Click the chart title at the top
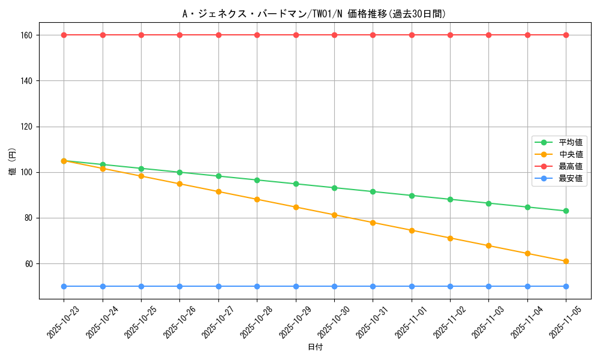click(314, 14)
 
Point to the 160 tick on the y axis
click(26, 35)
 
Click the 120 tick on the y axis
click(26, 127)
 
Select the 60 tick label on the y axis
click(28, 263)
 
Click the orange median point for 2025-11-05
click(566, 261)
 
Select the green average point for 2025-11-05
click(566, 211)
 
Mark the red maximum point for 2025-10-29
click(296, 35)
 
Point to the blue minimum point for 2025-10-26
click(179, 286)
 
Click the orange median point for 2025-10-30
click(334, 215)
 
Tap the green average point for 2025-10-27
click(218, 176)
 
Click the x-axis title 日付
click(314, 347)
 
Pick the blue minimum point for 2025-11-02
click(450, 286)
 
